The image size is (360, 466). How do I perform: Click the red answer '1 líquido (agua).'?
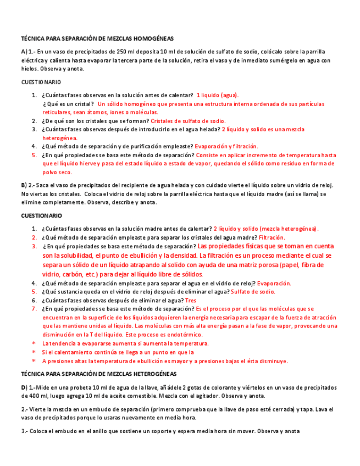pos(217,95)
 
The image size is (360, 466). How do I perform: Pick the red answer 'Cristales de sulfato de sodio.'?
pos(188,121)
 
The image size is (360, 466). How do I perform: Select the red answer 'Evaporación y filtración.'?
pos(226,147)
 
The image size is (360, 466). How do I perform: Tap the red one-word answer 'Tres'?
pos(190,301)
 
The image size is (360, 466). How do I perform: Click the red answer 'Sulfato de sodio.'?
pos(253,292)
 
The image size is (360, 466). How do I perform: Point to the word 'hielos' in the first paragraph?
pos(30,69)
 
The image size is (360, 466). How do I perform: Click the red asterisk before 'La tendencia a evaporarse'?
pos(34,343)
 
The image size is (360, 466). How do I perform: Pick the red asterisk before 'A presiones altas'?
pos(34,361)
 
